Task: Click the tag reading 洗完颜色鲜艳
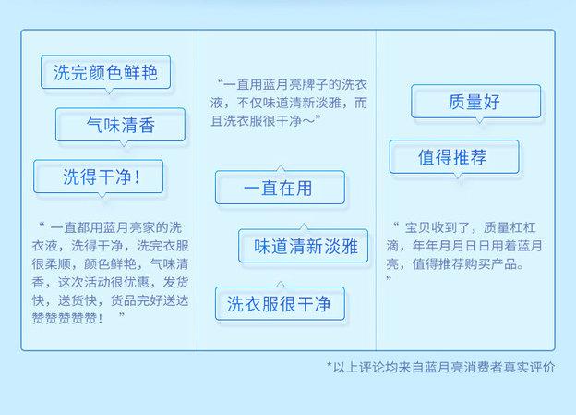[105, 72]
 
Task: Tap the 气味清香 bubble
[121, 125]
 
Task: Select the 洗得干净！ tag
[99, 177]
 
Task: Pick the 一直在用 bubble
[280, 188]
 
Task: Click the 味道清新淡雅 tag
[304, 246]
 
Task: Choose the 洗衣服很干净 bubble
[280, 304]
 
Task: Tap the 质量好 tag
[476, 102]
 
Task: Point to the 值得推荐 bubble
[454, 157]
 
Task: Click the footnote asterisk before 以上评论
[330, 365]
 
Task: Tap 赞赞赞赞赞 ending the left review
[65, 318]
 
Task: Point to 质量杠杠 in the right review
[510, 227]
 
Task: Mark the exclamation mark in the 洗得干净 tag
[138, 177]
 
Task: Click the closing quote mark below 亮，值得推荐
[389, 278]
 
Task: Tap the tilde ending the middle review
[308, 121]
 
